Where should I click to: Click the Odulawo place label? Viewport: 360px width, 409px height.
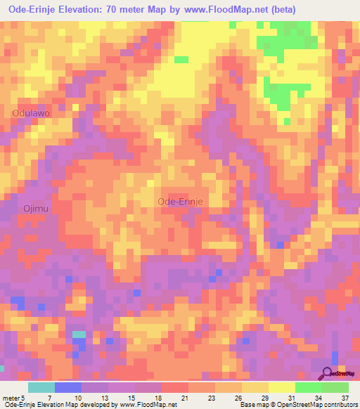point(31,112)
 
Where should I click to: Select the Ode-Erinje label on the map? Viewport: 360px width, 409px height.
point(181,201)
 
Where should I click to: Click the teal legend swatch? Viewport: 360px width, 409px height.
point(41,387)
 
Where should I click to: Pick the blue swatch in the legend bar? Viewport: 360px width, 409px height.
point(68,387)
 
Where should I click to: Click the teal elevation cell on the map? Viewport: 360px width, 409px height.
point(79,335)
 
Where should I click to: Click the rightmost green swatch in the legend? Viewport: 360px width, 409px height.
point(335,387)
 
